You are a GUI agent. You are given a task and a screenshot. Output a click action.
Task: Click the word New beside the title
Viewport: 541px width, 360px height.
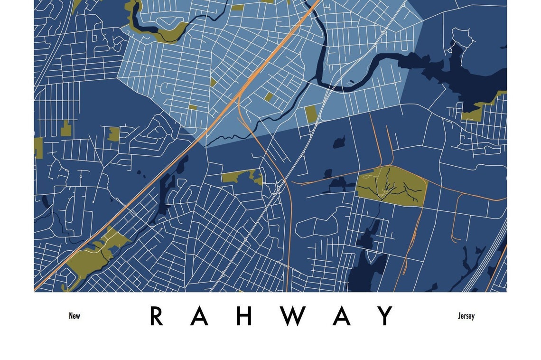coord(75,316)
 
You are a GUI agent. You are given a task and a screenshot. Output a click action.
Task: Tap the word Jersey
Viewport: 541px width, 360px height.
coord(466,316)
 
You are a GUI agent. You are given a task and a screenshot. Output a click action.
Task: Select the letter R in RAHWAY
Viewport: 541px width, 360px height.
coord(156,316)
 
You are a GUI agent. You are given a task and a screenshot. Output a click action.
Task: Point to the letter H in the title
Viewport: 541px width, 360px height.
coord(244,316)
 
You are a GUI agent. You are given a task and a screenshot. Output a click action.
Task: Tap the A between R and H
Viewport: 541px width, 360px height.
coord(199,316)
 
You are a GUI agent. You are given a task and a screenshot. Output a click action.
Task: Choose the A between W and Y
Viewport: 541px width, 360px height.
coord(341,316)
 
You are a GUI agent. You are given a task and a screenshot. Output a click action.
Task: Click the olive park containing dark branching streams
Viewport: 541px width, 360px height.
coord(392,186)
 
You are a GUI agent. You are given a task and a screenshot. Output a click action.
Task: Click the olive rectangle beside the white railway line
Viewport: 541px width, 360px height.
coord(311,114)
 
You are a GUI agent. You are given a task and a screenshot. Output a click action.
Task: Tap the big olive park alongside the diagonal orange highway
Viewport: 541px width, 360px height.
coord(93,256)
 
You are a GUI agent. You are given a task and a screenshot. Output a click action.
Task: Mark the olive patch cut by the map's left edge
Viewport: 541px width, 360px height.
coord(38,148)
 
